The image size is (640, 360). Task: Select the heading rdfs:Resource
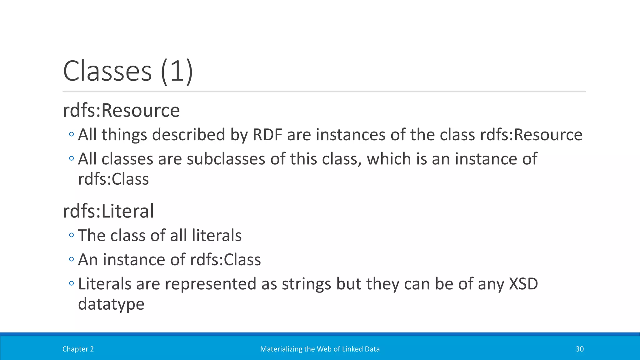[x=121, y=110]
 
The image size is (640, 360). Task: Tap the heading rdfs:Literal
[x=108, y=211]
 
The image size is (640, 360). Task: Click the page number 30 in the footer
[x=579, y=349]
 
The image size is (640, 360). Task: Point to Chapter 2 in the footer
[x=78, y=349]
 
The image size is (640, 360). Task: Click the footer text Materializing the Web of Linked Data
[x=320, y=349]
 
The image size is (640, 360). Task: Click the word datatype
[x=111, y=304]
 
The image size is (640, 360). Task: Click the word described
[x=188, y=135]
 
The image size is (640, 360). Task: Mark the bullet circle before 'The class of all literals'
[x=71, y=235]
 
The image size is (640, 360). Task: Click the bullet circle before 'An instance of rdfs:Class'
[x=71, y=259]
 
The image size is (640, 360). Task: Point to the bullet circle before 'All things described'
[x=71, y=134]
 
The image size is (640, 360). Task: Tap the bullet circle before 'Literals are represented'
[x=71, y=283]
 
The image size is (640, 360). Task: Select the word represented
[x=210, y=284]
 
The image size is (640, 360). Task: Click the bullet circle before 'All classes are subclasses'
[x=71, y=158]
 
